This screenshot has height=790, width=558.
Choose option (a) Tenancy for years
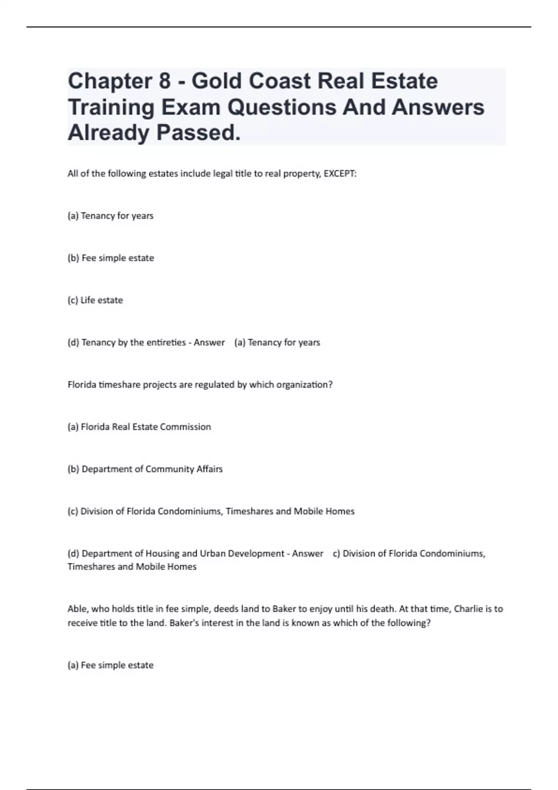click(111, 216)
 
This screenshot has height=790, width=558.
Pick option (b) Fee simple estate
click(111, 258)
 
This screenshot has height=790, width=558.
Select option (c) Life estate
click(95, 300)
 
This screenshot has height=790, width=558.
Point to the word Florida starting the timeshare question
click(82, 385)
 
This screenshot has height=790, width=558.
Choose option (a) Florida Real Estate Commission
click(139, 427)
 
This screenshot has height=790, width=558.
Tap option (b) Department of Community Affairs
click(145, 469)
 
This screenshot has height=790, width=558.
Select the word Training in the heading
click(112, 107)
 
